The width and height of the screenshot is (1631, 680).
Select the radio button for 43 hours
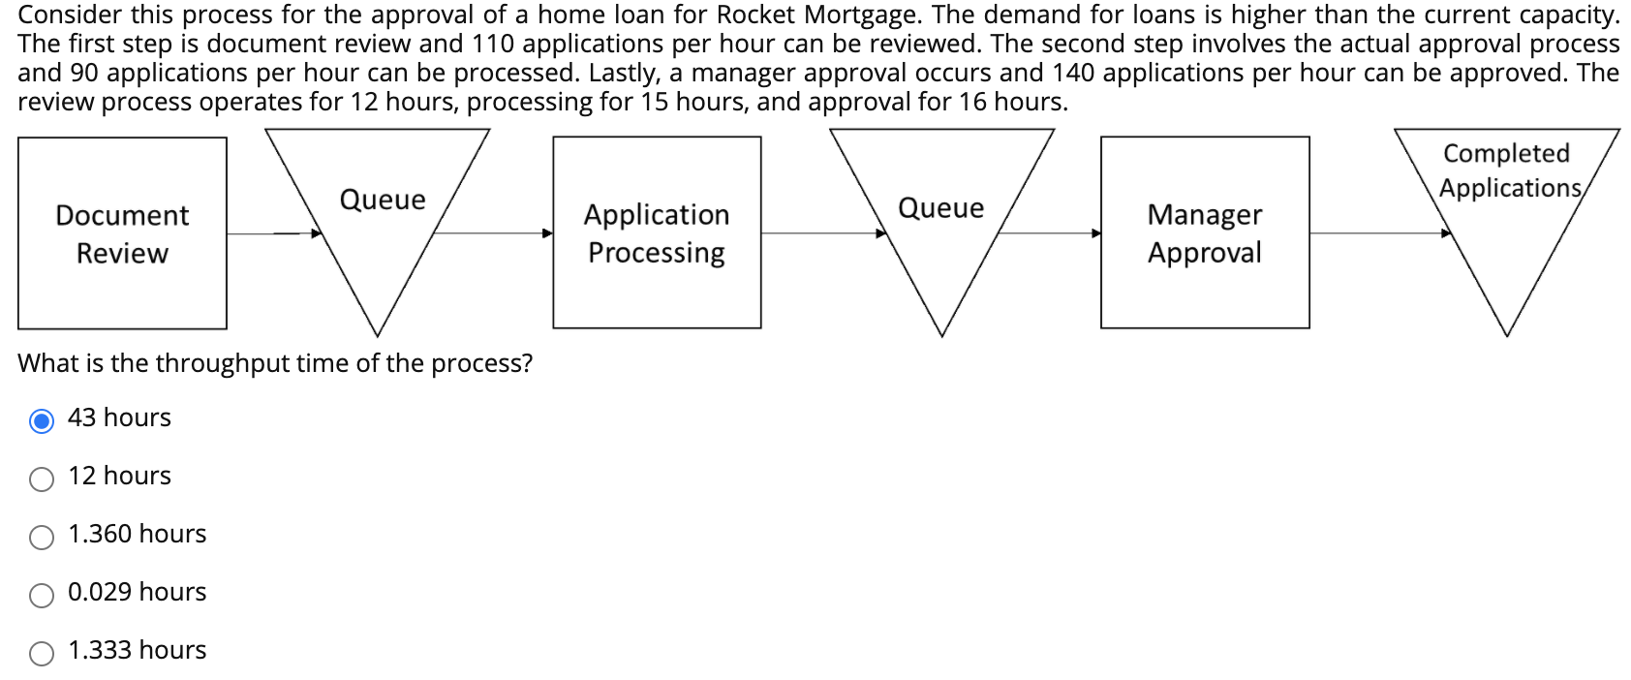42,421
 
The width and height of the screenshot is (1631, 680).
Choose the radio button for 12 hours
42,479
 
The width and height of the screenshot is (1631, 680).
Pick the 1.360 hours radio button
42,538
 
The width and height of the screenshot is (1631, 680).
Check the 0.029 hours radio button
42,596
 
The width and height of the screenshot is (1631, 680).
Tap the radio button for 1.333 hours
42,654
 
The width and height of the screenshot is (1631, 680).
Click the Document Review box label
122,233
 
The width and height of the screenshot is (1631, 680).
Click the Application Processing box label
656,233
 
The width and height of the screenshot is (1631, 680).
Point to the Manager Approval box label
1204,233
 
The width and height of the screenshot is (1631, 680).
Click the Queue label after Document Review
383,200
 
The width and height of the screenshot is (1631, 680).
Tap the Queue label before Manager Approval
940,208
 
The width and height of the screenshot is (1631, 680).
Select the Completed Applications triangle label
1507,170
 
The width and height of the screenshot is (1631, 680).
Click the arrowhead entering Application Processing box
547,233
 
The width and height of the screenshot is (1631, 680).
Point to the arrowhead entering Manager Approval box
1095,233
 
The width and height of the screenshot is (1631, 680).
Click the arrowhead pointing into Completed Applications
1446,233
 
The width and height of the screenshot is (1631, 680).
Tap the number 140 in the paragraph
1073,74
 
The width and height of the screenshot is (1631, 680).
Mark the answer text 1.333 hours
137,650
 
